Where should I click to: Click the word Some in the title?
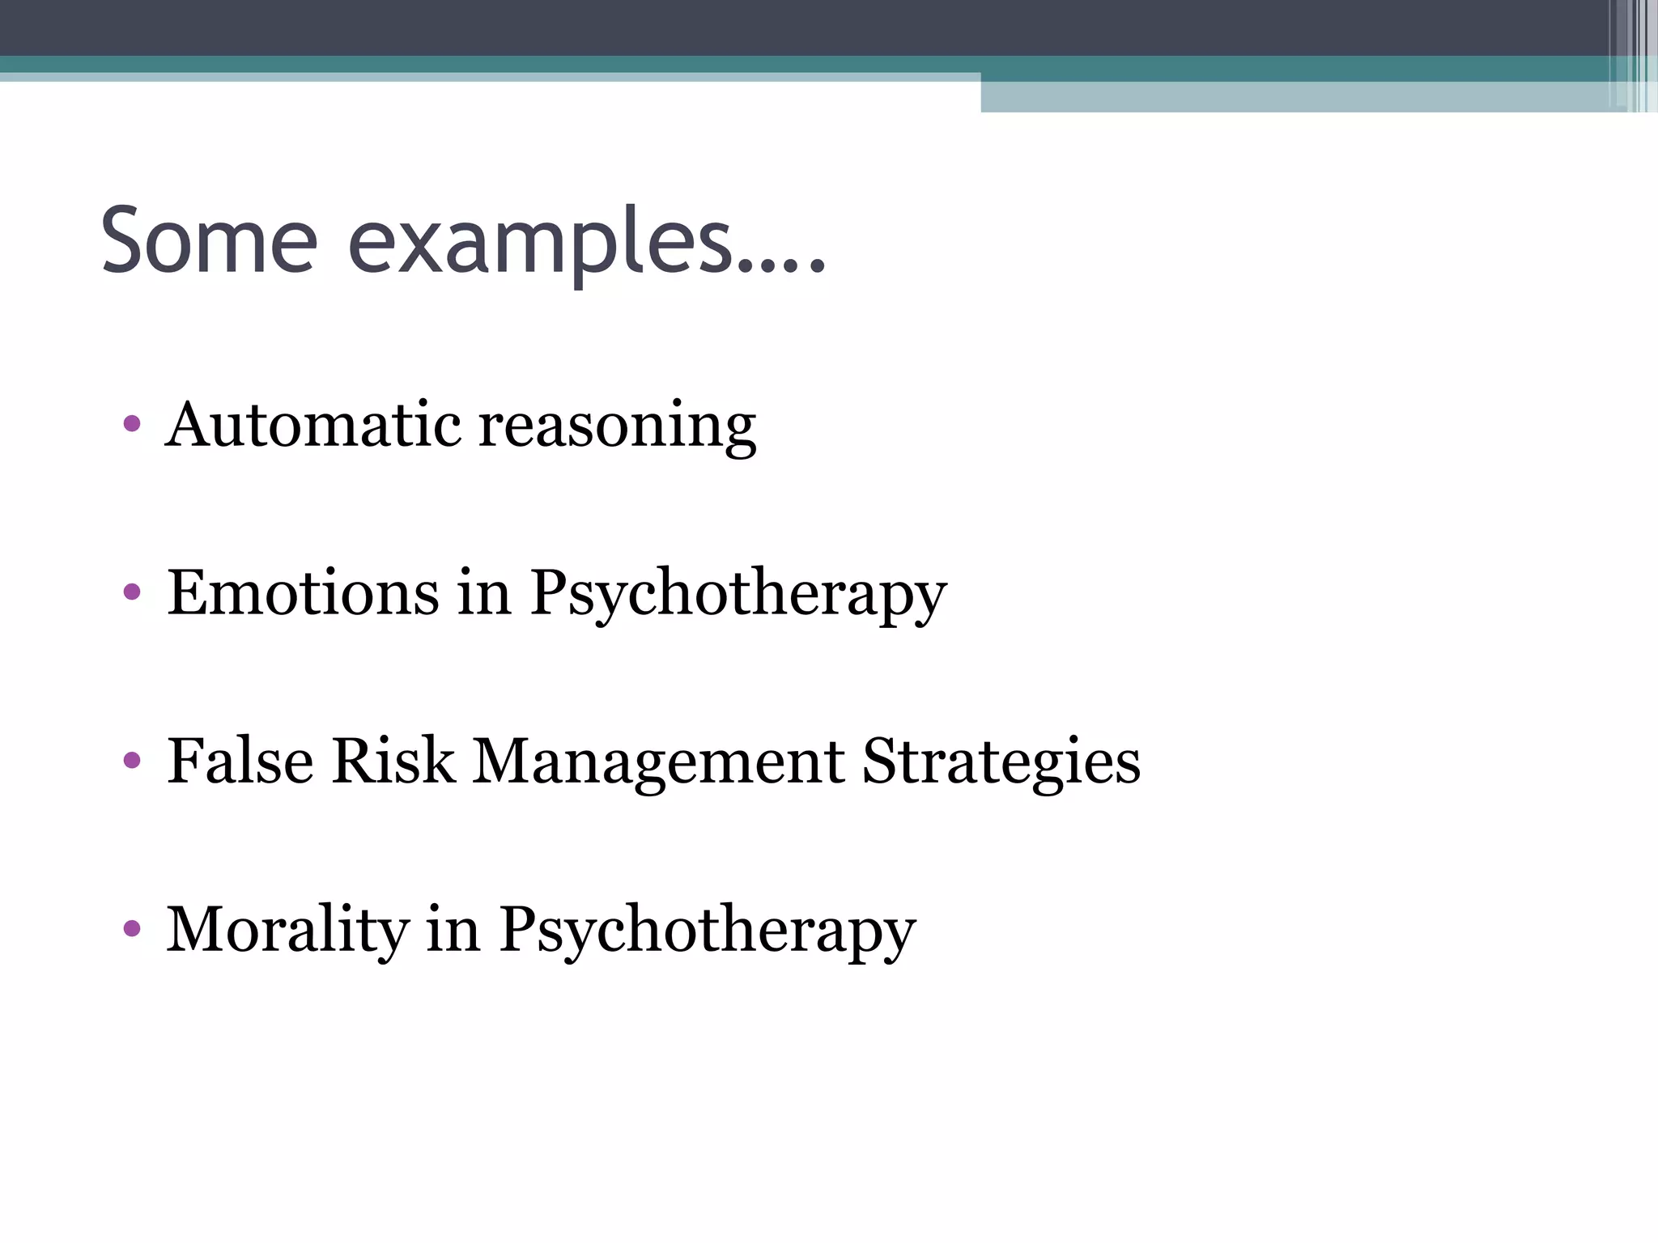pos(209,240)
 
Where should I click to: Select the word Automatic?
pos(311,424)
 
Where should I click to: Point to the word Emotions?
pos(303,592)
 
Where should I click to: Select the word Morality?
pos(287,931)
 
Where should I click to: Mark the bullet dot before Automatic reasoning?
pos(132,424)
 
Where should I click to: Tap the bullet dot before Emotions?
pos(132,593)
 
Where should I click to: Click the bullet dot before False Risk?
pos(132,761)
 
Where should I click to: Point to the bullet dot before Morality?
pos(132,929)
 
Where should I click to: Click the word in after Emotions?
pos(484,592)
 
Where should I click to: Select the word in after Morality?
pos(453,929)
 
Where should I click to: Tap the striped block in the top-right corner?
pos(1632,55)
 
